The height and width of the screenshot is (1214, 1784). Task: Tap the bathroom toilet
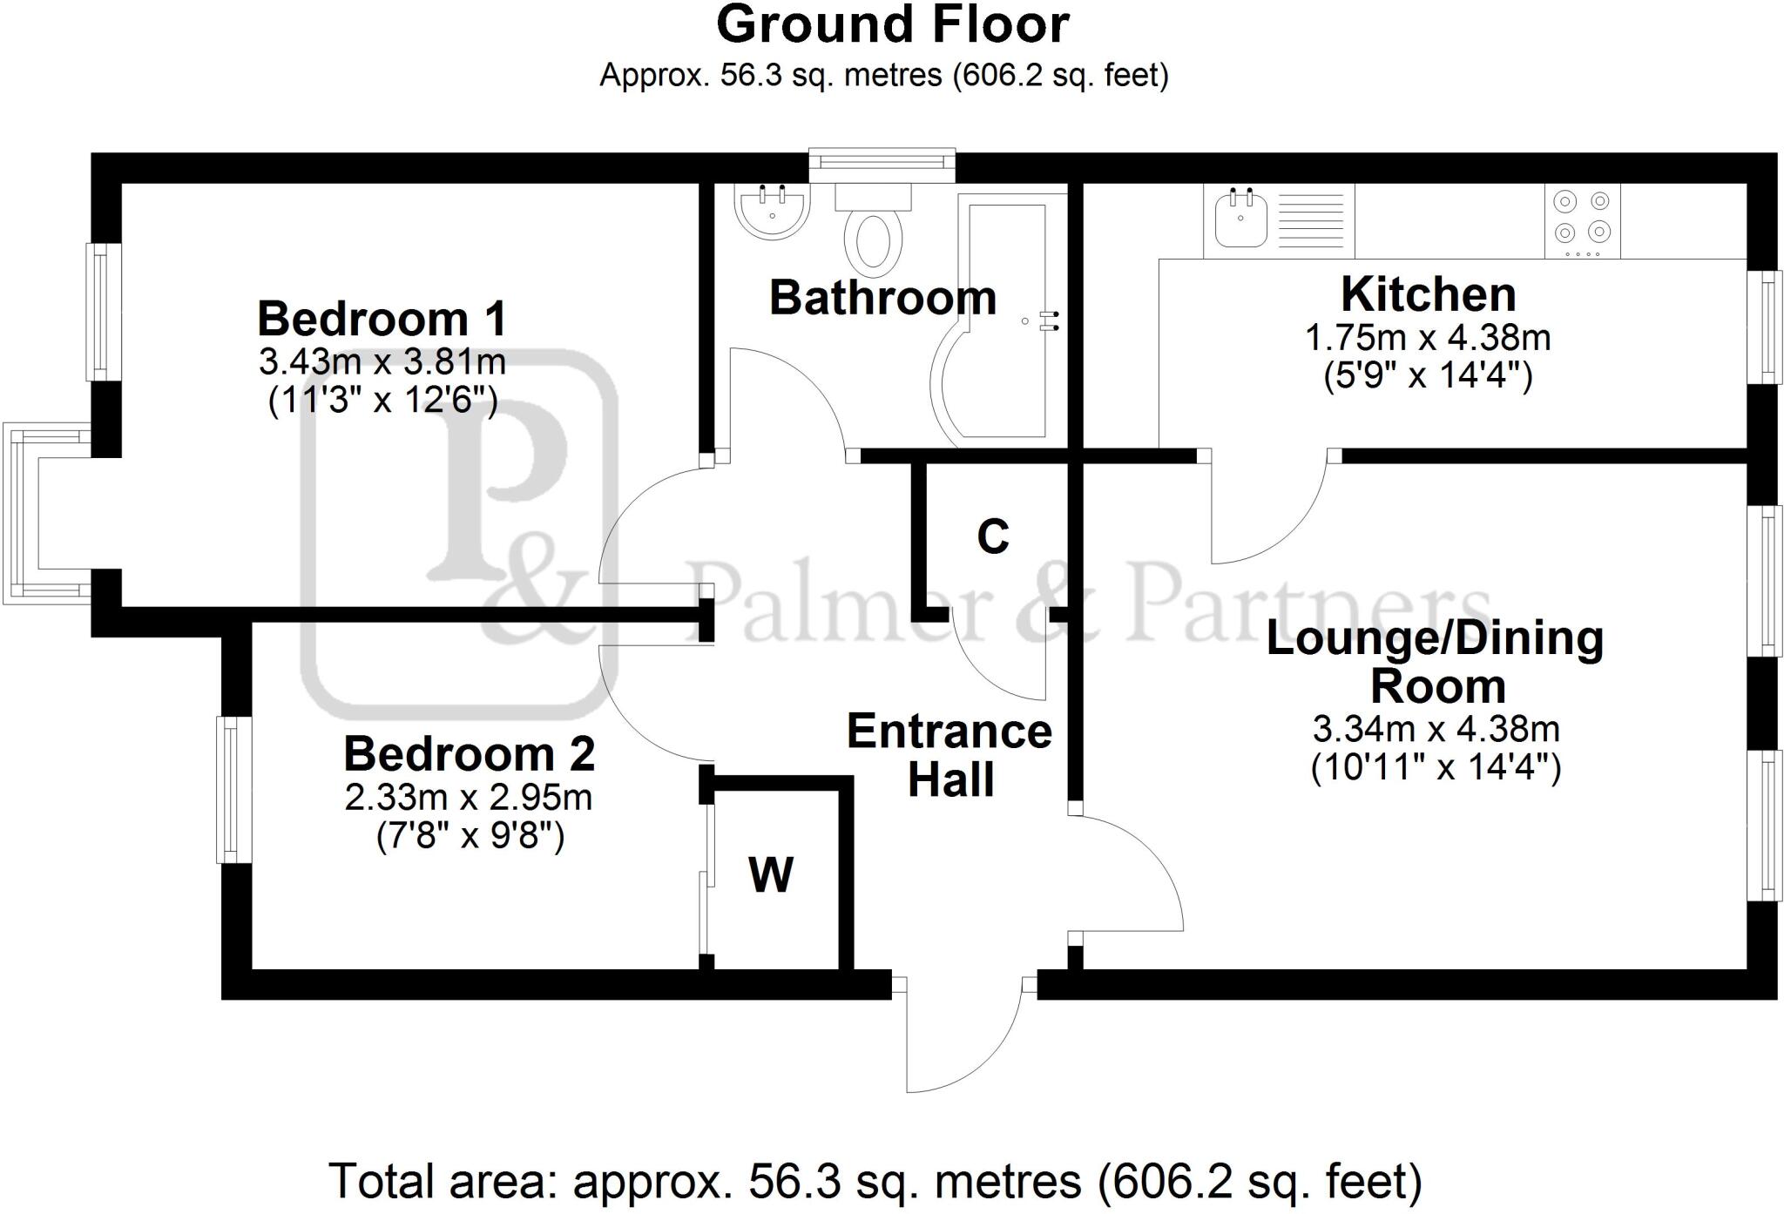point(873,231)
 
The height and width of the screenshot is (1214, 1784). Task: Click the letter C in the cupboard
point(992,536)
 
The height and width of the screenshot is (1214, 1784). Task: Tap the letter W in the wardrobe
point(771,874)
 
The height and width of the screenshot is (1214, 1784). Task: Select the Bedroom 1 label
point(382,319)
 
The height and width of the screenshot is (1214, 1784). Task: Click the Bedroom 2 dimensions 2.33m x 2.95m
point(469,798)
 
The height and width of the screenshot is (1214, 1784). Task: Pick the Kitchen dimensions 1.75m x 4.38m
point(1428,338)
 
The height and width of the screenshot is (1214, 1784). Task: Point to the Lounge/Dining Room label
point(1435,662)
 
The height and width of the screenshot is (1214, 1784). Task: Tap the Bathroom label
point(882,298)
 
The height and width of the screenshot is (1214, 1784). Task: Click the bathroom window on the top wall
point(882,163)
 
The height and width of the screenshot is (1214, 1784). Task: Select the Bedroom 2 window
point(232,789)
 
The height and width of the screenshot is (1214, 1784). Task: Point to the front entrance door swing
point(967,1036)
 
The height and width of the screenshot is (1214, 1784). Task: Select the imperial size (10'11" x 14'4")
point(1436,767)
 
